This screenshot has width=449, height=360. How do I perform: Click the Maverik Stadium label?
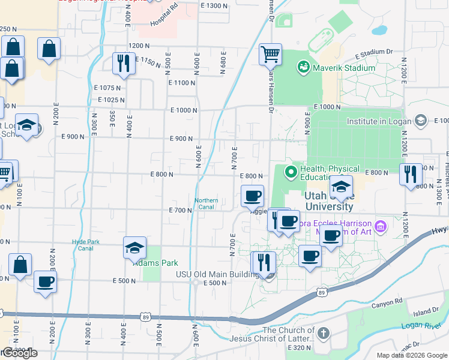343,68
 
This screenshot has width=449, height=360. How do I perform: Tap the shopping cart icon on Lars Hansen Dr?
270,54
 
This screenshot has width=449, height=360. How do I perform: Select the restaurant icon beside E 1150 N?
124,62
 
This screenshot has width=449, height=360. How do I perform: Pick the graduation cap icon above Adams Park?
134,247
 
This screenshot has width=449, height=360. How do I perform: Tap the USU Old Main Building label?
216,274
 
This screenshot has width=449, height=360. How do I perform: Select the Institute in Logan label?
379,121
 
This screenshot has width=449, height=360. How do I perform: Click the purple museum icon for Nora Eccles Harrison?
379,227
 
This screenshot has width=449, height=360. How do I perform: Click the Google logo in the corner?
19,353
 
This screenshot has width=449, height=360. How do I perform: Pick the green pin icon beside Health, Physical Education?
291,173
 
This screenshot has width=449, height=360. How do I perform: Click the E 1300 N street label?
215,5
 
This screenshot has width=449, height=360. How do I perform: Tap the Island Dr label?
427,313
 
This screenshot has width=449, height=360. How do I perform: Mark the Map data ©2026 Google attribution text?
411,355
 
